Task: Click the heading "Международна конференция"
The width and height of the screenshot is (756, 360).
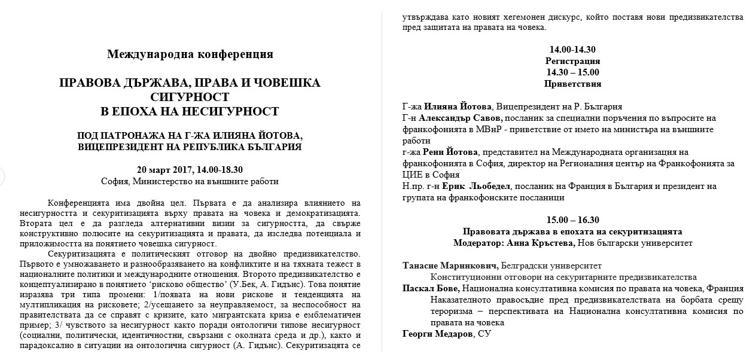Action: pyautogui.click(x=190, y=55)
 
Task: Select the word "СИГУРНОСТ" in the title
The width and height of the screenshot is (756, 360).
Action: pyautogui.click(x=190, y=96)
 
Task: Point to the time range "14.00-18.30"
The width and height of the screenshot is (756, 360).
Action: pyautogui.click(x=219, y=170)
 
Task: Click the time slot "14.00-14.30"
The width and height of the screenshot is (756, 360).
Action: pyautogui.click(x=572, y=50)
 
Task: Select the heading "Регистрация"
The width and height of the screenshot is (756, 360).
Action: pyautogui.click(x=572, y=61)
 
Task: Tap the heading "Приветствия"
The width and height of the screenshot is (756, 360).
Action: pyautogui.click(x=572, y=84)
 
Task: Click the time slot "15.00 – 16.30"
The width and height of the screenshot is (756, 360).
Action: pyautogui.click(x=572, y=220)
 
